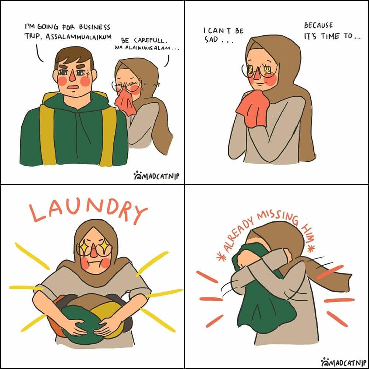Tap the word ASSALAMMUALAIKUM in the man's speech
tap(78, 37)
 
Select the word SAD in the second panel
tap(211, 39)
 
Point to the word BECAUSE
tap(318, 25)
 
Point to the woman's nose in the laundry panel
tap(94, 251)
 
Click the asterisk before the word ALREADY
tap(221, 257)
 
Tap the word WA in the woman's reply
tap(119, 48)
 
